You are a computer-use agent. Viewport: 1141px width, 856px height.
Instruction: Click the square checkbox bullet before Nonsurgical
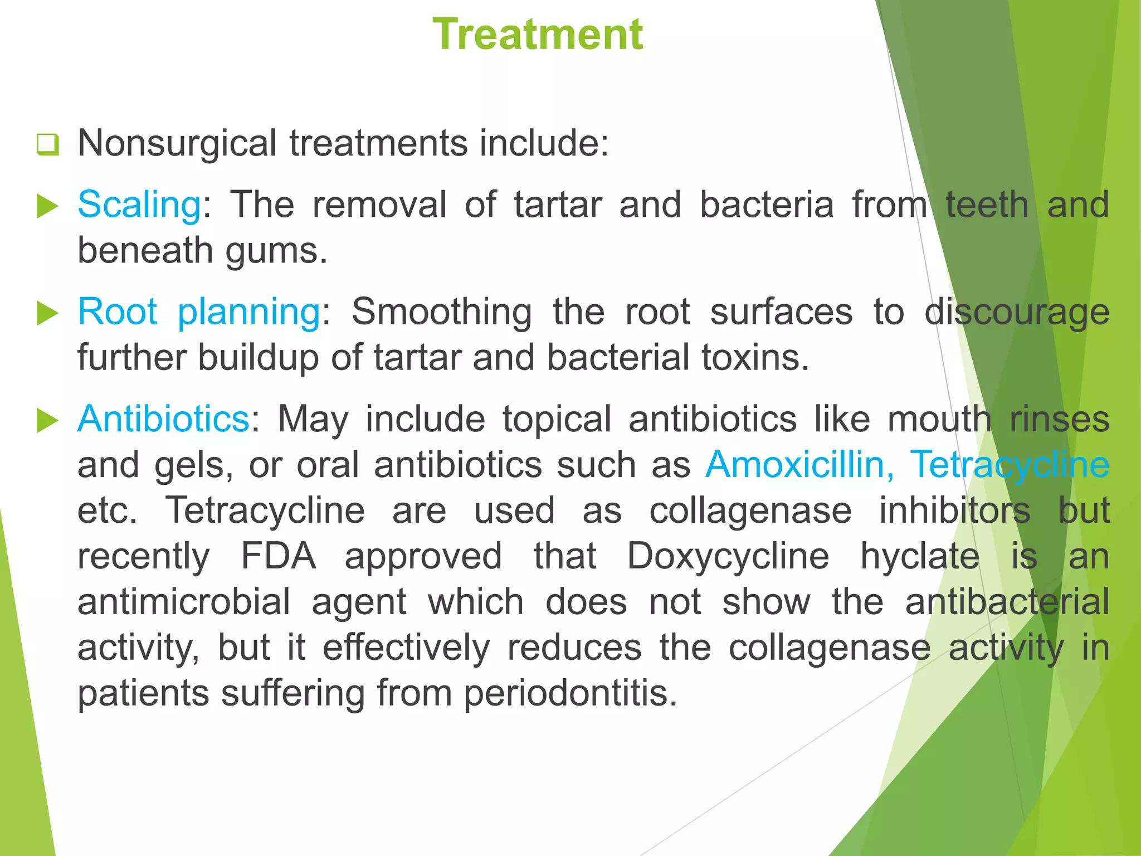(x=48, y=145)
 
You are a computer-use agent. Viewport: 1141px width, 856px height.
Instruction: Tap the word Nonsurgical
(x=177, y=144)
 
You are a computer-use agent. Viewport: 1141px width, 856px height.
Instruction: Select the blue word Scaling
(x=139, y=205)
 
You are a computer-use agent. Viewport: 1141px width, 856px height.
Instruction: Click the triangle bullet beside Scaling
(x=48, y=207)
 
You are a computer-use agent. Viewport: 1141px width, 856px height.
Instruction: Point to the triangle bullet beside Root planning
(x=48, y=314)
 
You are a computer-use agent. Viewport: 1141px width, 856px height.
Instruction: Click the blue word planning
(x=248, y=312)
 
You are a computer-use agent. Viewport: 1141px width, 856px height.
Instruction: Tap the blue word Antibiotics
(x=163, y=419)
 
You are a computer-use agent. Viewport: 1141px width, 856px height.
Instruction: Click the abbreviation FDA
(x=279, y=556)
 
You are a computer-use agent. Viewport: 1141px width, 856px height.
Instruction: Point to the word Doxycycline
(x=728, y=556)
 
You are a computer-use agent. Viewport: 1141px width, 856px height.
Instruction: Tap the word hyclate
(x=920, y=556)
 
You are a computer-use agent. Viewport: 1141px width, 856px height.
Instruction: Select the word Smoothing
(x=441, y=312)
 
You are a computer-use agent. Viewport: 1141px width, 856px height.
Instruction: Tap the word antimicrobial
(x=184, y=602)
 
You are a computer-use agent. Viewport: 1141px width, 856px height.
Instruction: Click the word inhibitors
(x=955, y=510)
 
